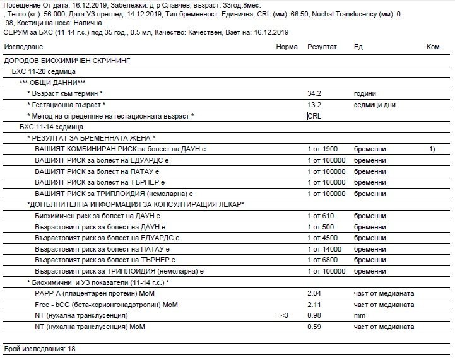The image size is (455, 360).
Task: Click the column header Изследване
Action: (23, 47)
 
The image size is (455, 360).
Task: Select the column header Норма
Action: (287, 47)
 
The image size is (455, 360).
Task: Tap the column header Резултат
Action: (322, 47)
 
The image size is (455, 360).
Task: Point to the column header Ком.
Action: (434, 47)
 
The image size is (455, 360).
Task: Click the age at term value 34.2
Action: (314, 93)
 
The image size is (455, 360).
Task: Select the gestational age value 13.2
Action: (314, 105)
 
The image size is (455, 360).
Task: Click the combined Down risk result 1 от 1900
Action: (323, 149)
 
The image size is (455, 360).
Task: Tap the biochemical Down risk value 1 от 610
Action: (321, 216)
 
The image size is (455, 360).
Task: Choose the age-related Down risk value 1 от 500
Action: (321, 226)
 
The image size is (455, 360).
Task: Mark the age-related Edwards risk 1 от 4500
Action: (322, 238)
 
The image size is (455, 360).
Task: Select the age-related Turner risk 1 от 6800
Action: (322, 260)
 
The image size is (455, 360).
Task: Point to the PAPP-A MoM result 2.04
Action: (314, 294)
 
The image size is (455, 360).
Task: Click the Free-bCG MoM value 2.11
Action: (314, 305)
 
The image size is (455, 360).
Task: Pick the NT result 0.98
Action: (314, 315)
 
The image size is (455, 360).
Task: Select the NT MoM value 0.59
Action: (314, 327)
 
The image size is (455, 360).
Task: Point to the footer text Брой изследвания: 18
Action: (39, 349)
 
